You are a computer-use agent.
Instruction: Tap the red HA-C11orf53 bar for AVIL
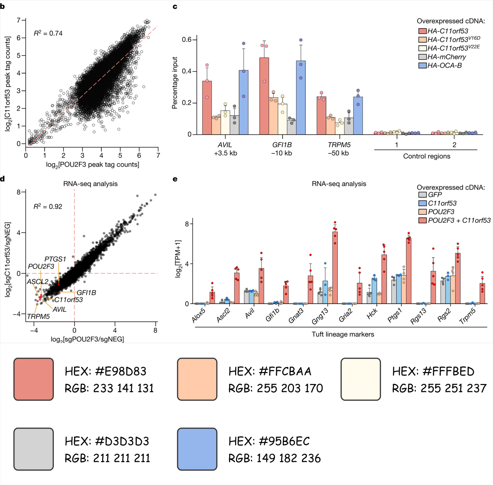[207, 108]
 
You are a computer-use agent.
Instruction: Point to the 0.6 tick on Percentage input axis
[190, 40]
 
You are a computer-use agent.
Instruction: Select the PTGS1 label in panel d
[55, 259]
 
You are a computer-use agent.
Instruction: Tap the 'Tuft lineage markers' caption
[343, 334]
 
